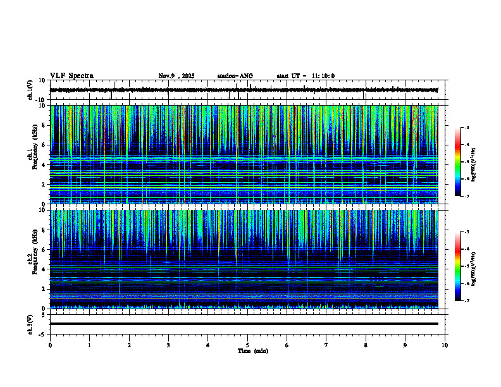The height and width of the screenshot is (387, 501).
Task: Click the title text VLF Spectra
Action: pos(71,76)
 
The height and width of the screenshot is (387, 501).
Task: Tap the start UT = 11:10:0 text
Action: pos(306,76)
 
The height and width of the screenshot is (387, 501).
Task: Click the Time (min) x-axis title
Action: pos(252,351)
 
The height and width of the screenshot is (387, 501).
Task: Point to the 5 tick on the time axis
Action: pos(247,345)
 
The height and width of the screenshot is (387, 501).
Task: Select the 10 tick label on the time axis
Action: pos(445,345)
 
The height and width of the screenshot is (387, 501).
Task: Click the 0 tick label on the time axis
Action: pos(50,345)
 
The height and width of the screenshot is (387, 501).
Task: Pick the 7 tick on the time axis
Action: pos(326,345)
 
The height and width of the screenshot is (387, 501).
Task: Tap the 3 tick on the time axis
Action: pos(168,345)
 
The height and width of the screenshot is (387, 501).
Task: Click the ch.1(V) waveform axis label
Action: pos(30,90)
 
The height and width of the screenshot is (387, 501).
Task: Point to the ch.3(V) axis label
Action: pos(30,324)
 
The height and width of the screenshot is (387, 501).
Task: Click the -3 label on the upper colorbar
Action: pos(466,128)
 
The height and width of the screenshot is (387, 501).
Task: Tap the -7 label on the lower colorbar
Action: pos(466,300)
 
